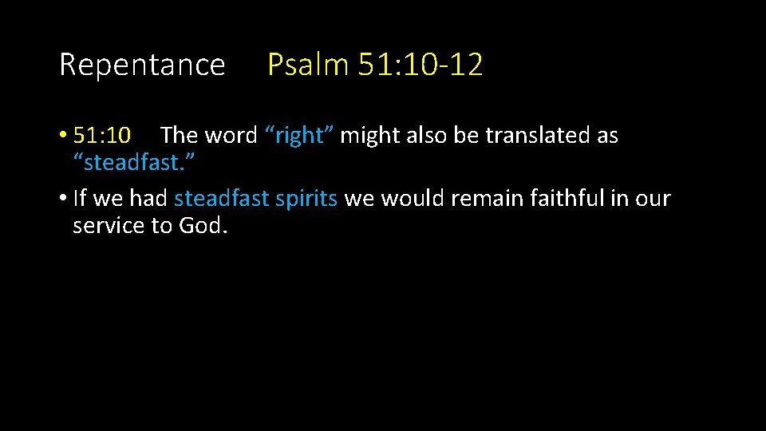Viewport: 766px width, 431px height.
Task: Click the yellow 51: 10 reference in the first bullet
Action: (108, 136)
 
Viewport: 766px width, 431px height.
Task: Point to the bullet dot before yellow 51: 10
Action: (63, 136)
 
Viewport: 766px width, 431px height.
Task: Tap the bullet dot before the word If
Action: (63, 199)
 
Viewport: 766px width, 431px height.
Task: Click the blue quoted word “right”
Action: (299, 136)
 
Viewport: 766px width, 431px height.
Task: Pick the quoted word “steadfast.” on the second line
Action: (134, 164)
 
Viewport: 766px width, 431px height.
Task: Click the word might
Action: (370, 136)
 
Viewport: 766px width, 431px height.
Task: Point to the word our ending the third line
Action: (653, 199)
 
